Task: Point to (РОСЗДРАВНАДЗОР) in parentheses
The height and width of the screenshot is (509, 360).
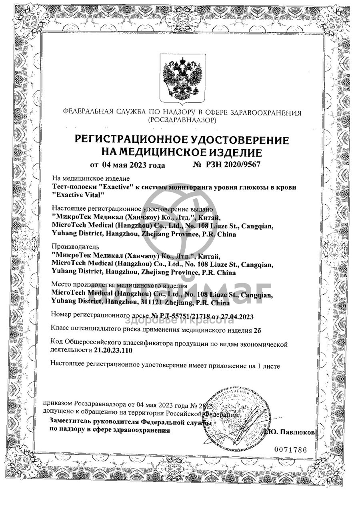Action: (182, 120)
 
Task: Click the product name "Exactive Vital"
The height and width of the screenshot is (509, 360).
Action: (78, 195)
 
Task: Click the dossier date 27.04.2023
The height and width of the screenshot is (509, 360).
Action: (236, 316)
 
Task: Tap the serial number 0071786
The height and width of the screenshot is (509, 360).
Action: (290, 449)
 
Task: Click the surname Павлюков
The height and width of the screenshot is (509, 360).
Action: (297, 432)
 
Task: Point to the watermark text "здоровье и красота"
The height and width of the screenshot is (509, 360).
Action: (179, 320)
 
